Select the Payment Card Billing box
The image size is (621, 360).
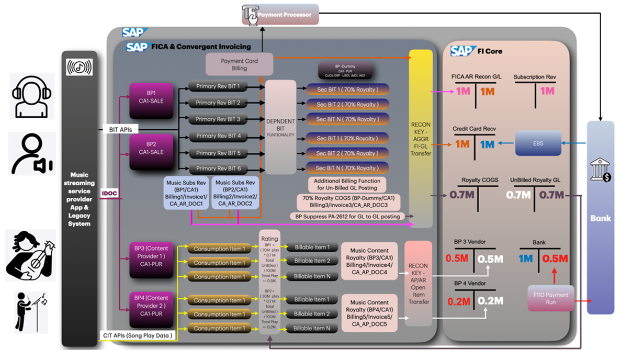(x=239, y=64)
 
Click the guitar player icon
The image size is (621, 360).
(x=30, y=254)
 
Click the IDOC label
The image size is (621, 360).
(x=110, y=193)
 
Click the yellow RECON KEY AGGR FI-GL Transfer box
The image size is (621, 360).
(x=421, y=139)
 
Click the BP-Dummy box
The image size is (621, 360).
(x=345, y=70)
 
